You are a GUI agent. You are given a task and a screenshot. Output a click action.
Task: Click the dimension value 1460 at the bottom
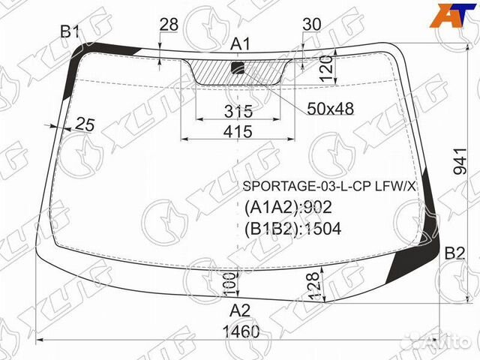click(x=241, y=331)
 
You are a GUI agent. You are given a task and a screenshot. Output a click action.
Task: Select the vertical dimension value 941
click(x=460, y=161)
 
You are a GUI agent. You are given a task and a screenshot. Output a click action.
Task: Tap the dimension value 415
click(x=238, y=132)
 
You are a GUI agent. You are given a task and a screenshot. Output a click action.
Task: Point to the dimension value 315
click(x=238, y=111)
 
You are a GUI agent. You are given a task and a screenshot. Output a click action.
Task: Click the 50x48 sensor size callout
click(x=331, y=109)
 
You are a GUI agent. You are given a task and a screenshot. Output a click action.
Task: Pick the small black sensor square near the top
click(x=238, y=67)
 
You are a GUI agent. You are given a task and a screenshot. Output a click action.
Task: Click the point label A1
click(x=240, y=44)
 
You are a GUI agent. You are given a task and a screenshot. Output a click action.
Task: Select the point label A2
click(x=240, y=311)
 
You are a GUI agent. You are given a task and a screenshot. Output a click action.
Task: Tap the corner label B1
click(x=70, y=31)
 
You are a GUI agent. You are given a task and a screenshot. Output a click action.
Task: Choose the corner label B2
click(x=454, y=253)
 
